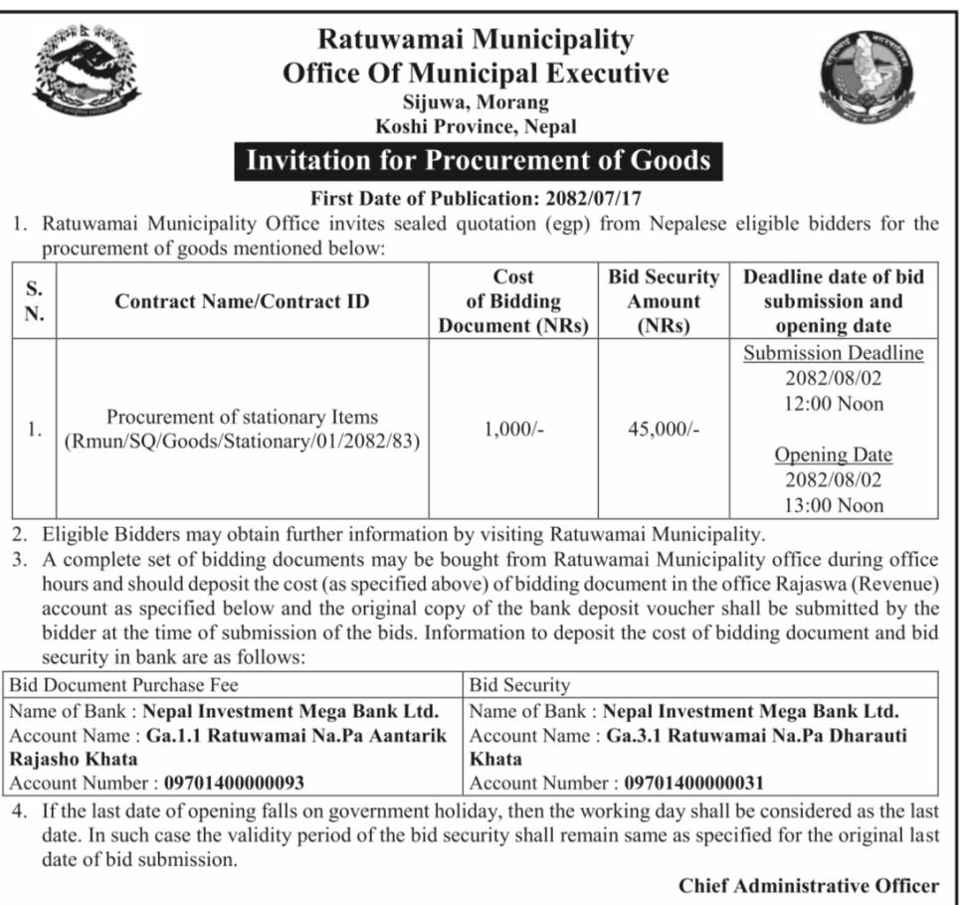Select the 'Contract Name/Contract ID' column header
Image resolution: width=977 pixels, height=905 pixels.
[x=242, y=301]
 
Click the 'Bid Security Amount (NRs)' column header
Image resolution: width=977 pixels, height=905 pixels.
[x=663, y=301]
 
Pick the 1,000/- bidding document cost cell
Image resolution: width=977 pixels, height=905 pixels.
[x=513, y=430]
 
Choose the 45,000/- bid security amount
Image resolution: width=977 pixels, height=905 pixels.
[x=664, y=430]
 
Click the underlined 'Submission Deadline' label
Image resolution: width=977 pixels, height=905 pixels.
[x=834, y=353]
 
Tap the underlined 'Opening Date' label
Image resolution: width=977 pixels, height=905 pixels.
[x=834, y=454]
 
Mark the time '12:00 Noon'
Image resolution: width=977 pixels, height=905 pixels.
[x=834, y=404]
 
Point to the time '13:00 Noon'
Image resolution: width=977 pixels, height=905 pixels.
[x=834, y=505]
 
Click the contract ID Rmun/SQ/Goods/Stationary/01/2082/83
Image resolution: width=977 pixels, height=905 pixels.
[x=243, y=442]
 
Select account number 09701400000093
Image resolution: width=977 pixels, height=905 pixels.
[x=235, y=783]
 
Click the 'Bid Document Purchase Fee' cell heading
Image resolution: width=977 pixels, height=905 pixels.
[x=124, y=685]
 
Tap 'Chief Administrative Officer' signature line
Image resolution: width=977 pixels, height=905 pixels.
[x=808, y=885]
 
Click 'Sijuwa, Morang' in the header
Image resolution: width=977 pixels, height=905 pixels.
[x=476, y=101]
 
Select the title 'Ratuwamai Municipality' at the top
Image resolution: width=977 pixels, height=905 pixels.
[x=476, y=40]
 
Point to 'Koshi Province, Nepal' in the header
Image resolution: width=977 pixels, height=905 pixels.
[x=476, y=126]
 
